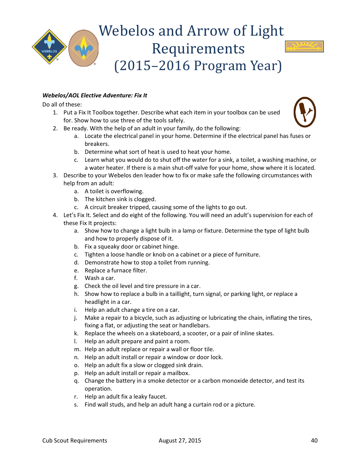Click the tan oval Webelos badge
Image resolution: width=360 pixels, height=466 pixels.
[83, 48]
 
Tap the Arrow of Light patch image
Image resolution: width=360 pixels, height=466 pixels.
[304, 47]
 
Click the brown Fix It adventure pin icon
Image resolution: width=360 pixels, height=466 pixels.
[305, 112]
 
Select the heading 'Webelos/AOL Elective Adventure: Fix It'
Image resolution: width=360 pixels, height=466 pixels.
[95, 95]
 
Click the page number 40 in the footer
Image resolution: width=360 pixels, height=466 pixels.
[314, 440]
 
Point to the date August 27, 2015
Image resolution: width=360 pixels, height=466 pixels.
[180, 440]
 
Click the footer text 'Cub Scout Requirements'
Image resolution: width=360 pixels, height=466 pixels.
[75, 440]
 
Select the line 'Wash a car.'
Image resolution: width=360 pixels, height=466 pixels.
[100, 278]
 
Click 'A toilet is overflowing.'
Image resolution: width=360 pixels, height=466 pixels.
[114, 191]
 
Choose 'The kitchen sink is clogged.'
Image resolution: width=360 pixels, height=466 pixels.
[120, 199]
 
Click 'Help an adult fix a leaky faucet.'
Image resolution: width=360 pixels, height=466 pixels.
[125, 397]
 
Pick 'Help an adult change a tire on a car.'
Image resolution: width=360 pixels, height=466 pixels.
[131, 310]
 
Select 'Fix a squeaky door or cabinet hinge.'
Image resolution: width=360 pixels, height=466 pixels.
[131, 247]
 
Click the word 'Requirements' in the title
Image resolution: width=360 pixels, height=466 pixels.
[198, 48]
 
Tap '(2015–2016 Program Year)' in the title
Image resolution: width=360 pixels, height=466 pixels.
[198, 66]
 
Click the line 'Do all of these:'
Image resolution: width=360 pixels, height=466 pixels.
[62, 104]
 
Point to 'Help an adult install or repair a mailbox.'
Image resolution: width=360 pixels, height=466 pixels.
[137, 373]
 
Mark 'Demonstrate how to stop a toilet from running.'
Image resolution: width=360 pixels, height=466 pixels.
[147, 263]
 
